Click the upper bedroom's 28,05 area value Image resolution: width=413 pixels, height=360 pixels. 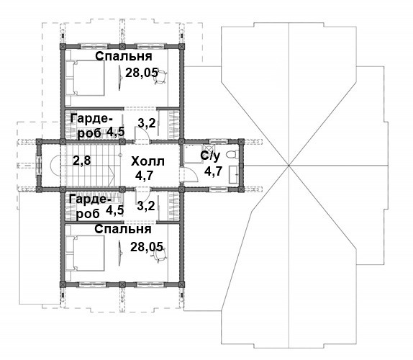[142, 73]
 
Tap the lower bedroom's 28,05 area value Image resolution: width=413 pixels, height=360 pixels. [147, 247]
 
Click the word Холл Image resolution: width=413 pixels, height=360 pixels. [147, 161]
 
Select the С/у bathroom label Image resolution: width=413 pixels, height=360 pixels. [210, 156]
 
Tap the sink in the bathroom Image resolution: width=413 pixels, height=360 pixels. [234, 174]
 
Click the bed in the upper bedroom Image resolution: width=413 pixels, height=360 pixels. [85, 78]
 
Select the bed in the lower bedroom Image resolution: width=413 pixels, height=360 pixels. [85, 253]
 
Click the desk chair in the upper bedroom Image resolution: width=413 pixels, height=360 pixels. [160, 76]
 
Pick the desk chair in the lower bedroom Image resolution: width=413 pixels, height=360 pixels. [160, 255]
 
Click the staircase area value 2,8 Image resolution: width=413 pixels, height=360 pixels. [82, 160]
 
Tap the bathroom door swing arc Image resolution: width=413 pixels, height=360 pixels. [194, 173]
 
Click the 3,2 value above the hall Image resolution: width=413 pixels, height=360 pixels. [147, 123]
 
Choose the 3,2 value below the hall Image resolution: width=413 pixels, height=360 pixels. [146, 206]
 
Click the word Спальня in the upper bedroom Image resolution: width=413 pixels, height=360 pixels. [124, 56]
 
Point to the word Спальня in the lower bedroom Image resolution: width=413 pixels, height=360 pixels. [123, 229]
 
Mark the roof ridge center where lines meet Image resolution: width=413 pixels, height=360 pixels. [289, 166]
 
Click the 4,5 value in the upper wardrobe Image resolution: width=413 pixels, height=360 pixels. [115, 132]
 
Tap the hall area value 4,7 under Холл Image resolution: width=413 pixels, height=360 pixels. [144, 175]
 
